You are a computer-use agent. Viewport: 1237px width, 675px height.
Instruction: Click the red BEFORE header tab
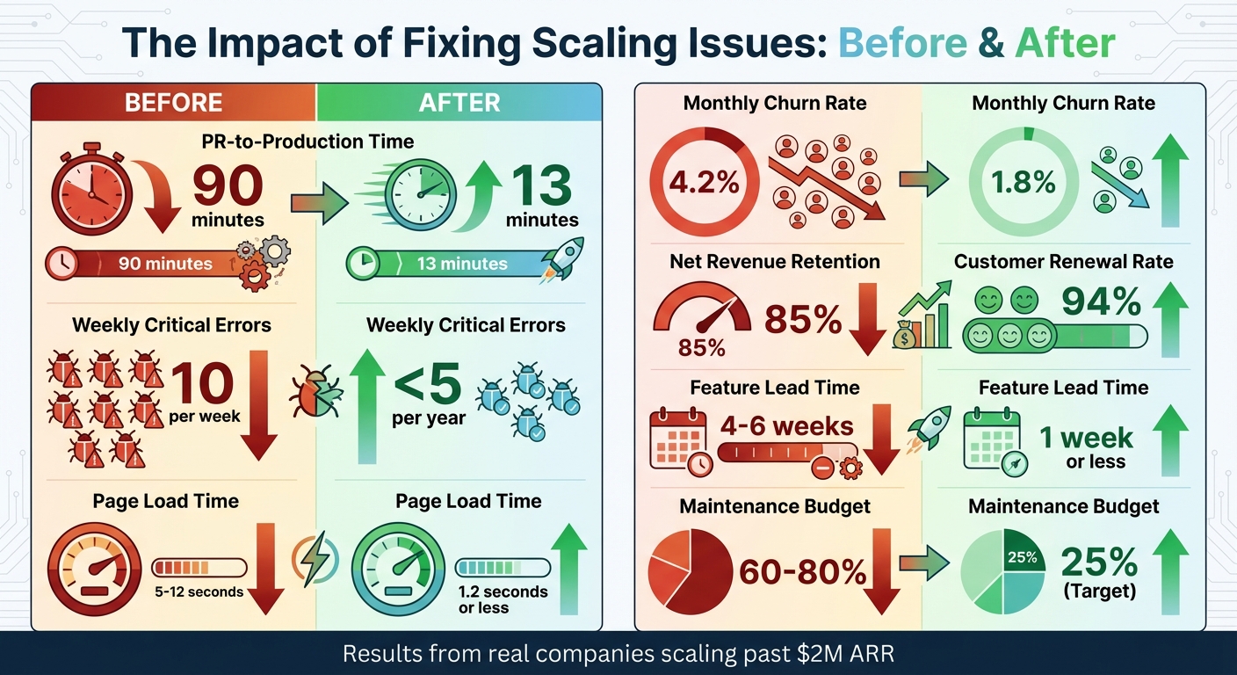(x=172, y=102)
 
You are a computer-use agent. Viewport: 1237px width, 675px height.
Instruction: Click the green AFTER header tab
(x=459, y=102)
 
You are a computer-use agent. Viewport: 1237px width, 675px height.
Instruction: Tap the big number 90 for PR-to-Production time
(x=227, y=188)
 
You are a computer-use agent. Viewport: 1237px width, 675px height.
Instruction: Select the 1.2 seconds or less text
(x=503, y=599)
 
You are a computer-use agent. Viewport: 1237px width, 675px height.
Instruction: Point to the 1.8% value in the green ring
(x=1024, y=183)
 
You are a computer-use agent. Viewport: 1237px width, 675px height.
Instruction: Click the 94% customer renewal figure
(x=1102, y=303)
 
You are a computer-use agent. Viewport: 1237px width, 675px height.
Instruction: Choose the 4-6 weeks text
(x=786, y=427)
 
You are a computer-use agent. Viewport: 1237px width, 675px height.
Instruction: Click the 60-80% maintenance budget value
(x=802, y=572)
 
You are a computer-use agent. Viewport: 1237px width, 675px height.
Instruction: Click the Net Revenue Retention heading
(x=774, y=261)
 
